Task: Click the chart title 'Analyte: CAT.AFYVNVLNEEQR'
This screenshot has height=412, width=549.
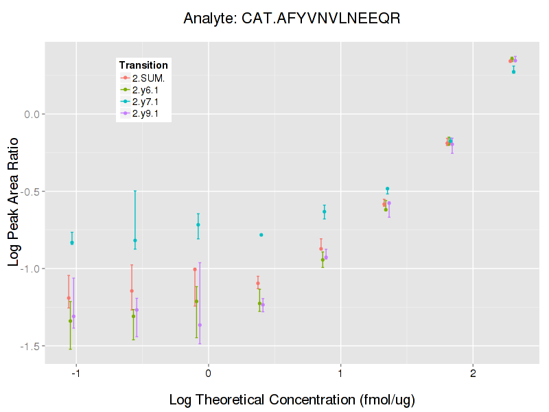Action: pos(292,19)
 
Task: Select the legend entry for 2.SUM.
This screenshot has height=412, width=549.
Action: pos(144,78)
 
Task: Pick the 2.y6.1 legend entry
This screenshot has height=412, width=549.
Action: pos(145,89)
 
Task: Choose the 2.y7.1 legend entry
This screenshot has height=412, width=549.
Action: pos(145,102)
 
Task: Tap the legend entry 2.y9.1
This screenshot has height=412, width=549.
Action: pos(145,113)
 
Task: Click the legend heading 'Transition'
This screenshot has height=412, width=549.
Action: pos(143,65)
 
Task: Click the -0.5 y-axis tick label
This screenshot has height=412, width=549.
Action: pos(33,191)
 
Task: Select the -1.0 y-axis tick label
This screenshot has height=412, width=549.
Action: pos(33,268)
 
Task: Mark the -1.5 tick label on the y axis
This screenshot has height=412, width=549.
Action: pos(33,346)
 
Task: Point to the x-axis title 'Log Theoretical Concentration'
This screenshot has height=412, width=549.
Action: pos(292,399)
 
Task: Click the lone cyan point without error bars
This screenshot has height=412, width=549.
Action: pos(261,235)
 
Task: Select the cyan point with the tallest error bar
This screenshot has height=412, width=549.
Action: pos(135,240)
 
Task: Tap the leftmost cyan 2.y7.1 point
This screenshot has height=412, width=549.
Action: pos(72,242)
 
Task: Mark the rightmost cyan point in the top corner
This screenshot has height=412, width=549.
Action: pos(513,71)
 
